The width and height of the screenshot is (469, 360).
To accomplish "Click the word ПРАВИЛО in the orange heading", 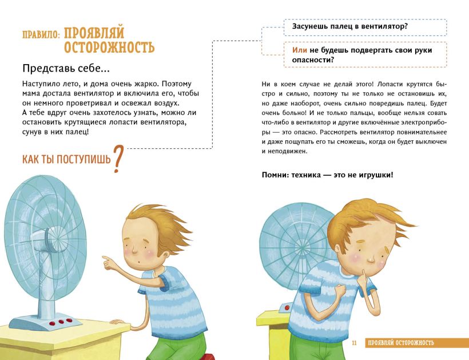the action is point(41,34).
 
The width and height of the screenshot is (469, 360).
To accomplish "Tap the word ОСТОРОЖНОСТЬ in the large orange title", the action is point(109,47).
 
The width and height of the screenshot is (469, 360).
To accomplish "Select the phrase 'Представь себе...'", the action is point(66,69).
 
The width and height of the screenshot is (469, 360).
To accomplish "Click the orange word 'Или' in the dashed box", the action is point(299,50).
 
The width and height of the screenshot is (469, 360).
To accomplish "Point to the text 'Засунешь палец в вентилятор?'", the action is point(350,26).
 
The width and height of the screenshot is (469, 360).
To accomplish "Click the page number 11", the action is point(354,343).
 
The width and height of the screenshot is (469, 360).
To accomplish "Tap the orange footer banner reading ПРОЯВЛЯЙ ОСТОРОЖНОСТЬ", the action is point(416,343).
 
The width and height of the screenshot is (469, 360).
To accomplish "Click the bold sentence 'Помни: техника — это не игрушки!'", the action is point(328,175).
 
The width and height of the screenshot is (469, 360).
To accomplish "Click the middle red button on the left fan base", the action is point(62,322).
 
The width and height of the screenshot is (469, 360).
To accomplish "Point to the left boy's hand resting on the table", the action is point(118,322).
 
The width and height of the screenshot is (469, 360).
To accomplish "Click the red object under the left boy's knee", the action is point(206,357).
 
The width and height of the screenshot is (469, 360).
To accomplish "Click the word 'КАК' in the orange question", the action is point(31,159).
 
